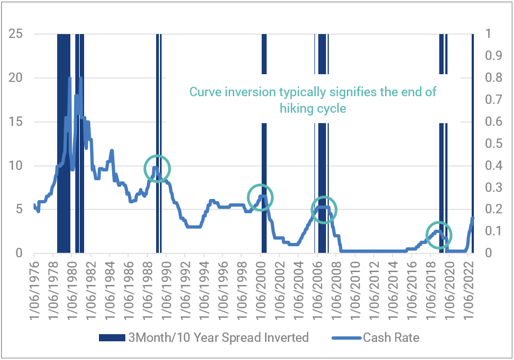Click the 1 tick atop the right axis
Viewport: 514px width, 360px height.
pos(487,34)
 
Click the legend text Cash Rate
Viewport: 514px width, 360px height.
pos(391,337)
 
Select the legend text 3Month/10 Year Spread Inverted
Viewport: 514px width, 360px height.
pos(219,337)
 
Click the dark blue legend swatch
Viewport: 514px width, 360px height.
pos(112,337)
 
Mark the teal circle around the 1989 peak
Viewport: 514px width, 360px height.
pos(157,169)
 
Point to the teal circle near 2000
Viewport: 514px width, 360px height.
pos(260,197)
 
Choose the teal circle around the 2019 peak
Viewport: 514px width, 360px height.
pos(439,235)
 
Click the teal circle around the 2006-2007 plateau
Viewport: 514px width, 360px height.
pos(324,209)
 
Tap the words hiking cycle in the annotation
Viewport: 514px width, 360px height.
pos(313,108)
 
